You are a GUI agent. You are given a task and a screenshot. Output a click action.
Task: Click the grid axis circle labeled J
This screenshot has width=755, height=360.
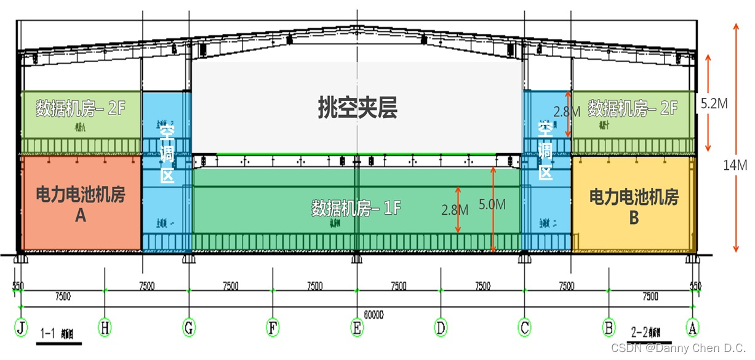pos(22,328)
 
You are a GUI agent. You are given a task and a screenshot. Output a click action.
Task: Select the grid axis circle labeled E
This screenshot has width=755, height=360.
pos(357,328)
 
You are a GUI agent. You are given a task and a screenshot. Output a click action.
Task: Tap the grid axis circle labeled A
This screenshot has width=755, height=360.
pos(693,328)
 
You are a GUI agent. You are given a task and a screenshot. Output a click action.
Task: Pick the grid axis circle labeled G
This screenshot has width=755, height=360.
pos(189,328)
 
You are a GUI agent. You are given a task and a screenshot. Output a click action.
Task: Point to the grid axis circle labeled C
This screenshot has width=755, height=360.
pos(524,328)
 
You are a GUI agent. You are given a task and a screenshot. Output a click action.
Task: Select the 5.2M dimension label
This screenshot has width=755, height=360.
pos(714,103)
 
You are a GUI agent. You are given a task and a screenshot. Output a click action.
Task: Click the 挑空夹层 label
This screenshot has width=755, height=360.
pos(358,108)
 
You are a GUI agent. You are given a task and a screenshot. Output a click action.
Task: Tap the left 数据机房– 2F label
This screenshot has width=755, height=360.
pos(81,109)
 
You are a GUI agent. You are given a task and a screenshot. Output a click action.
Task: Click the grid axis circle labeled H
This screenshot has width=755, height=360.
pos(105,328)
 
